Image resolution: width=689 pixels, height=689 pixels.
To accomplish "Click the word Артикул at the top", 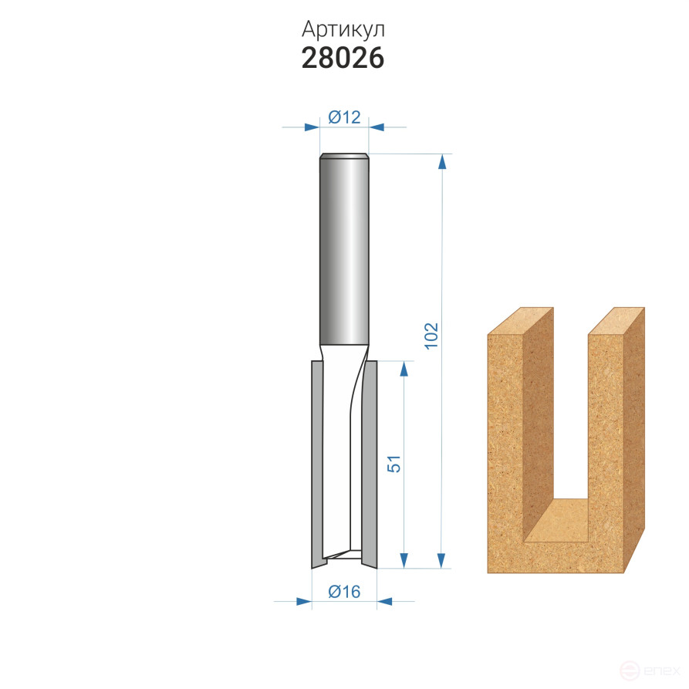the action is pos(343,30).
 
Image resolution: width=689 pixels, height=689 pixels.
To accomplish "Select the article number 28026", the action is pos(343,58).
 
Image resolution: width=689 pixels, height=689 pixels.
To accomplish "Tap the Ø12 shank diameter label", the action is pos(344,117).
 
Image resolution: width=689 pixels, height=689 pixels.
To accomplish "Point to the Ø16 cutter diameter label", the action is pos(344,592).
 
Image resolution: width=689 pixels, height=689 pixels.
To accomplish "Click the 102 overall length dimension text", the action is pos(431,336).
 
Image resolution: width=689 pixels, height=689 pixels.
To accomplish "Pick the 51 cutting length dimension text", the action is pos(394,464).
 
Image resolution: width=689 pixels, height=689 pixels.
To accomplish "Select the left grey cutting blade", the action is pos(317,464).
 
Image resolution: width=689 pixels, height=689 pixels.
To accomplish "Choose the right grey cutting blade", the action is pos(370,464).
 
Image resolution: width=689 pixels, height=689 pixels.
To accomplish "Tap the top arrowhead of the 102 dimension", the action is pos(442,162).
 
